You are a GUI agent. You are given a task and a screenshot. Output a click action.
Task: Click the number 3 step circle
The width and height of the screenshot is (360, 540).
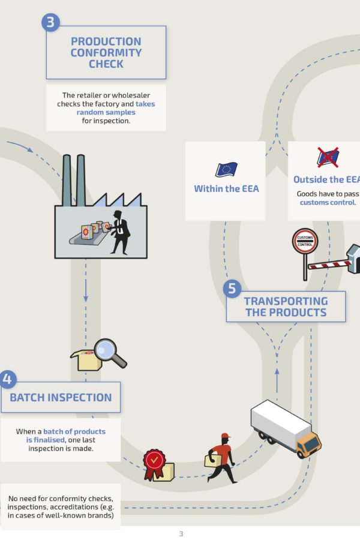(51, 23)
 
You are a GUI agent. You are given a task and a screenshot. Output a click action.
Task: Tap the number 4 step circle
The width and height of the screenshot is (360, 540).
(7, 379)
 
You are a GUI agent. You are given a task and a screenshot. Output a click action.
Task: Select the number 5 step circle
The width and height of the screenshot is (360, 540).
(233, 289)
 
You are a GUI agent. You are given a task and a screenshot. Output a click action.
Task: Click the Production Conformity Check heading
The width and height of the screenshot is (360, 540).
(106, 52)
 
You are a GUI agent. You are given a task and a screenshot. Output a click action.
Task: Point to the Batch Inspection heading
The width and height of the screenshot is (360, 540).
(61, 397)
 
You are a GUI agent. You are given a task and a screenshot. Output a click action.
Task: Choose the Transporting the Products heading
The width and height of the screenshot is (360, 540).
(286, 307)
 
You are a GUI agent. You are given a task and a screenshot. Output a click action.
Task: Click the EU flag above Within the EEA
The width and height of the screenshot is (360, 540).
(226, 170)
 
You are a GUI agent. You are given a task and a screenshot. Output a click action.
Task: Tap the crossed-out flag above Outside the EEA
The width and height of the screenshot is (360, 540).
(328, 158)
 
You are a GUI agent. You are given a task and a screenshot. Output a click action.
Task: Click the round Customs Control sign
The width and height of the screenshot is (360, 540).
(305, 241)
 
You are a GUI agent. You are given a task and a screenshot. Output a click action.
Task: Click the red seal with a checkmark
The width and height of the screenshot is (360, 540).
(154, 461)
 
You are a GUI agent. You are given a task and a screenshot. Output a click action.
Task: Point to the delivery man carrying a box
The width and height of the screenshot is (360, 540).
(220, 458)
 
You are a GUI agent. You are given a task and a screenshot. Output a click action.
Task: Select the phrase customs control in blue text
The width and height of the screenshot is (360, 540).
(327, 202)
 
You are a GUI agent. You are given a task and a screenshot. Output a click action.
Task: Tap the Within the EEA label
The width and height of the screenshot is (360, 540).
(226, 188)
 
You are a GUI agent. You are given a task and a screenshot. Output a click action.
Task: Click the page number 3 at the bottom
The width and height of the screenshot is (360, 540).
(181, 533)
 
